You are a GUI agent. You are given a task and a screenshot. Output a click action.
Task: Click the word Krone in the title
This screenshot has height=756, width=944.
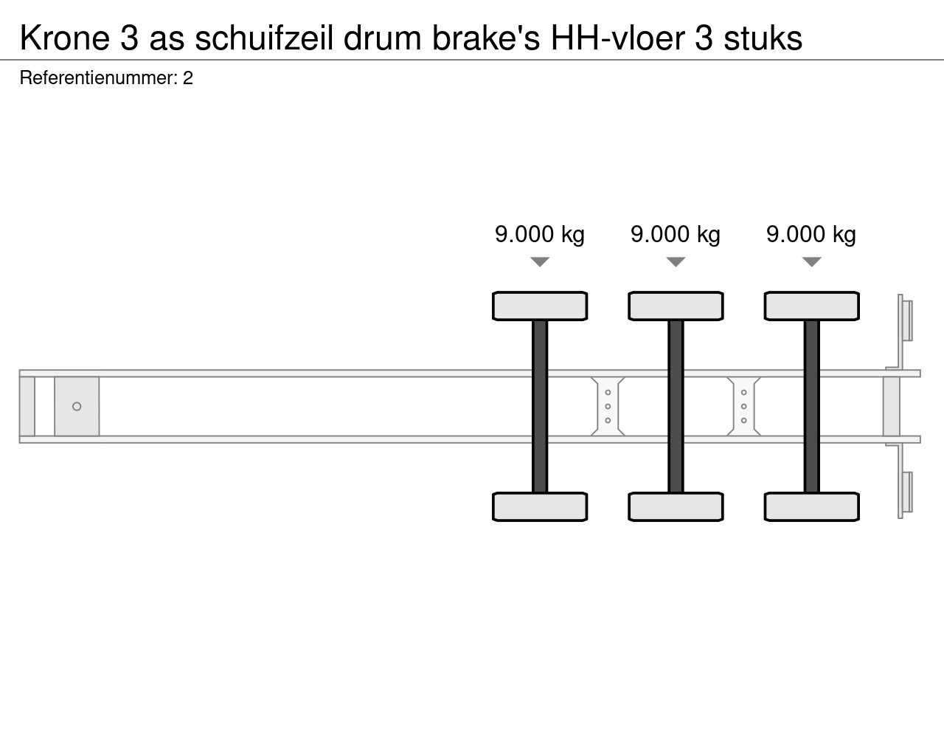tap(65, 38)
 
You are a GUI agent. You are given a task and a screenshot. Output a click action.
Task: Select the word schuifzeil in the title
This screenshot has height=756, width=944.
tap(264, 38)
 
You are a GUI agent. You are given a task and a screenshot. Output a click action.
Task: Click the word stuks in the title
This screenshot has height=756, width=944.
tap(763, 38)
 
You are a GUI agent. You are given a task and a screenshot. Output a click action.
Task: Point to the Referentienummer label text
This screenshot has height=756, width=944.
tap(98, 78)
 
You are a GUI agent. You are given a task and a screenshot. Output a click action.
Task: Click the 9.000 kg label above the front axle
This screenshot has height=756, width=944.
tap(540, 234)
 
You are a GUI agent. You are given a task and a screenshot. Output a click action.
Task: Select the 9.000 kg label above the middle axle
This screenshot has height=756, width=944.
tap(676, 234)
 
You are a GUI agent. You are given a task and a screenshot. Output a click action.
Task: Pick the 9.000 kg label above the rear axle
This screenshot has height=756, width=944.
tap(811, 234)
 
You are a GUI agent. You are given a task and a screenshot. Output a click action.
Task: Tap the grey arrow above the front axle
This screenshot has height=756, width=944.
tap(540, 262)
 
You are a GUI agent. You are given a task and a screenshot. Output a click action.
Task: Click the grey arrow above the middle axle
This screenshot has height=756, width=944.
tap(676, 262)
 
